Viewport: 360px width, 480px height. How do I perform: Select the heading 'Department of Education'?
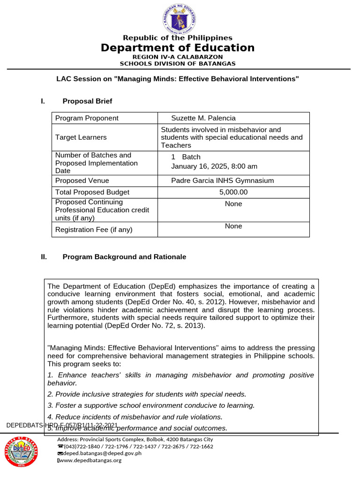coord(178,48)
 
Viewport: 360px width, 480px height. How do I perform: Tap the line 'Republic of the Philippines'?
coord(178,37)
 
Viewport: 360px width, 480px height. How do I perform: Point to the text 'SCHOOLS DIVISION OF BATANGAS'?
coord(178,63)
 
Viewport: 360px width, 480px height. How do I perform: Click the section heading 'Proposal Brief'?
coord(87,101)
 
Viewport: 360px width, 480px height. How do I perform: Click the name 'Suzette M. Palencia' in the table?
coord(203,118)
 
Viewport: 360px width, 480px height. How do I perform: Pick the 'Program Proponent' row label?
coord(87,118)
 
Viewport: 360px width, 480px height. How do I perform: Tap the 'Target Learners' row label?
coord(81,137)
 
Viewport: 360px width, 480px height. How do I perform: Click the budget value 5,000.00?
coord(233,192)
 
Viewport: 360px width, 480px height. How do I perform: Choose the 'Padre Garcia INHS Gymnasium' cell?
coord(222,180)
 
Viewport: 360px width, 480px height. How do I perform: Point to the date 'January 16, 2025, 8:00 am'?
coord(214,166)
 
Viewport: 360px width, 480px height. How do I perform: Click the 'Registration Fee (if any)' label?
coord(94,230)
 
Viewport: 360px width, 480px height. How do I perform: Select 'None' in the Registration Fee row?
coord(233,226)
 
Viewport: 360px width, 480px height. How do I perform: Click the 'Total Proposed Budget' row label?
coord(92,192)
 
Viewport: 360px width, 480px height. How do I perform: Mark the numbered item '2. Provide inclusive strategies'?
coord(147,394)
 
